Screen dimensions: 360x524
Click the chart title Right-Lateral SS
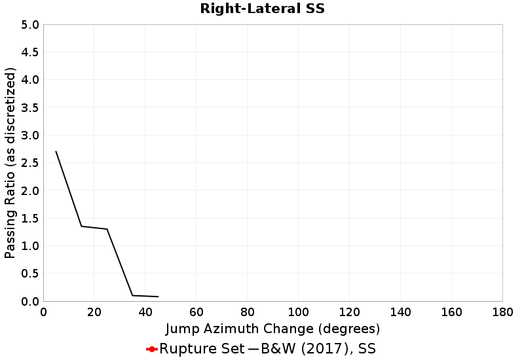pyautogui.click(x=262, y=9)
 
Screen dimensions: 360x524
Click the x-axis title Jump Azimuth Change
pyautogui.click(x=272, y=328)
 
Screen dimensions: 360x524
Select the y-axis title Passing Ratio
pyautogui.click(x=10, y=163)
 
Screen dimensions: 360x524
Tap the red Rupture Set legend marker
pyautogui.click(x=151, y=349)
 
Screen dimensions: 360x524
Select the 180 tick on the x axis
pyautogui.click(x=502, y=312)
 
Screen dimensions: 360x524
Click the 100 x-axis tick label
pyautogui.click(x=298, y=312)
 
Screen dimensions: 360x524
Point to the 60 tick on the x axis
pyautogui.click(x=196, y=312)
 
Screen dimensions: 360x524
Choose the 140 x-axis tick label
pyautogui.click(x=400, y=312)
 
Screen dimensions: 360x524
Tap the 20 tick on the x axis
pyautogui.click(x=94, y=312)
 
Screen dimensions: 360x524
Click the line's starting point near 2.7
pyautogui.click(x=56, y=152)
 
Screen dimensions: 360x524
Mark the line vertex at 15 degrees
pyautogui.click(x=81, y=226)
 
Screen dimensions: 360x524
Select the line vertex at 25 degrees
pyautogui.click(x=107, y=229)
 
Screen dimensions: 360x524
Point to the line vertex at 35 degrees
pyautogui.click(x=132, y=295)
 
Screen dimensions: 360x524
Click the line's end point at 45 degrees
pyautogui.click(x=158, y=297)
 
